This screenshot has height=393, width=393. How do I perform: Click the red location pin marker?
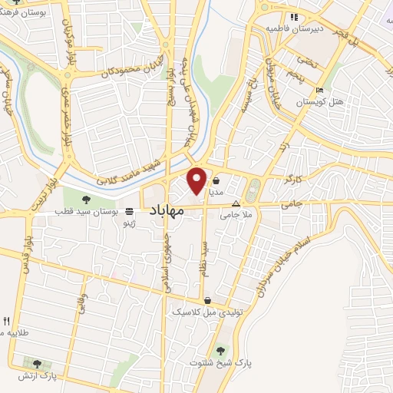pos(196,180)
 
